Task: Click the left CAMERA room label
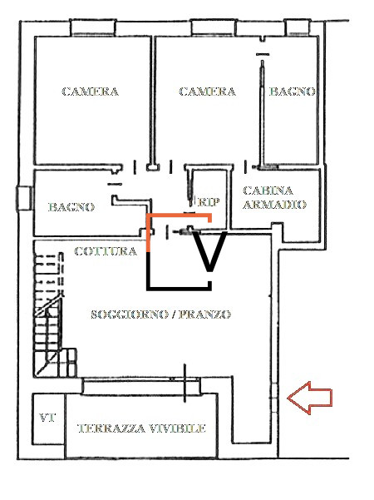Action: pos(90,92)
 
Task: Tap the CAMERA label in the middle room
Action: pos(208,92)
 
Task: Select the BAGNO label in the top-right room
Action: pos(293,92)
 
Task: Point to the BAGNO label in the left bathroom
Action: pos(71,207)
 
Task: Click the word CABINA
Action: pos(268,191)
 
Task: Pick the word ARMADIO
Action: pos(274,205)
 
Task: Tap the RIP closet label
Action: pos(209,202)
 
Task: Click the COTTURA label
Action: pos(106,251)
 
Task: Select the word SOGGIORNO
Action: pos(130,314)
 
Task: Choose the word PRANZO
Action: pos(204,314)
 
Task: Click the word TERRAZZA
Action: pos(112,428)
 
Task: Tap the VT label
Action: pos(47,418)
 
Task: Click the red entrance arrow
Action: pos(310,398)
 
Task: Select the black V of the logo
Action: pos(209,251)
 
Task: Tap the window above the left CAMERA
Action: pos(93,27)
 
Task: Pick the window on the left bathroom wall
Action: pos(25,198)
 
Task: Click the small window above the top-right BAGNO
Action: pos(297,27)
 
